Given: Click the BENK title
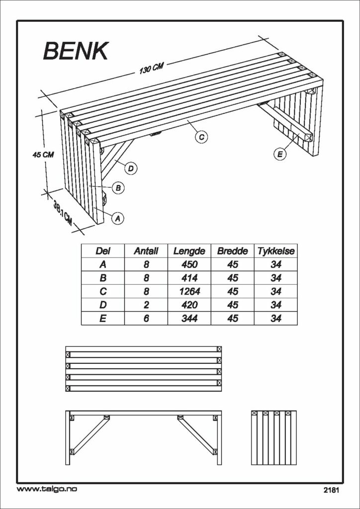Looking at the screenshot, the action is tap(75, 51).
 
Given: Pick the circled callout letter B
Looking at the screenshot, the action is tap(118, 187).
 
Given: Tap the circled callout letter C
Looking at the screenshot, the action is tap(201, 137).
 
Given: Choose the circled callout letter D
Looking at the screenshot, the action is tap(130, 169).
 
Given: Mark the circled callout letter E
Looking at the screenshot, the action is tap(279, 155).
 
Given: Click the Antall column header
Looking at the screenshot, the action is tap(146, 251).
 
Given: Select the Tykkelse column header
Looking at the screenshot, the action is tap(276, 251).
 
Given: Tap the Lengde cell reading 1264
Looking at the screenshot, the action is tap(189, 291).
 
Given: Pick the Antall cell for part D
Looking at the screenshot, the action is tap(146, 305).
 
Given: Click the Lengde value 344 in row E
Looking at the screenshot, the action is tap(189, 319).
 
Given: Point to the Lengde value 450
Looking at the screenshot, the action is tap(189, 264).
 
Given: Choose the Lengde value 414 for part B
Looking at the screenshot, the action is tap(189, 278).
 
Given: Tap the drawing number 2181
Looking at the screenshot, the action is tap(332, 490).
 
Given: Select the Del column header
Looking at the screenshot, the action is tap(103, 251).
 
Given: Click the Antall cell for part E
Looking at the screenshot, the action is tap(146, 319).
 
